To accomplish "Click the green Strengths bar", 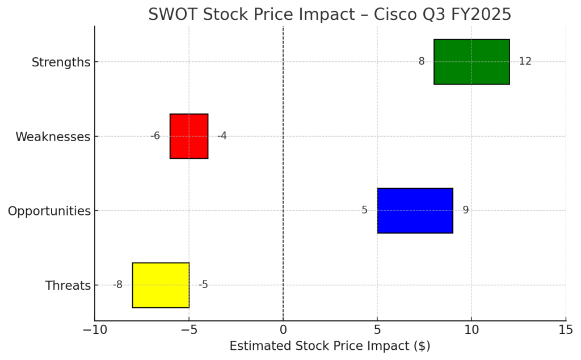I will click(x=471, y=62).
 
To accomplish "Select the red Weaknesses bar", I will click(x=189, y=136).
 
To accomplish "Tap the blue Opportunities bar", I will click(x=415, y=210).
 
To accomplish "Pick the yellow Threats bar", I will click(x=161, y=285).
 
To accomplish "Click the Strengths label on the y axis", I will click(x=61, y=62).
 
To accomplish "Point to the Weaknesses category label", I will click(x=53, y=137).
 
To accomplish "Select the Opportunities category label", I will click(x=49, y=211).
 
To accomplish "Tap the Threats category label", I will click(x=68, y=286).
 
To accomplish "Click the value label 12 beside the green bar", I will click(x=525, y=61).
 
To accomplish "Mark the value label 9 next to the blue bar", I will click(x=465, y=210).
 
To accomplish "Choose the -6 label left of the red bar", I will click(x=155, y=136).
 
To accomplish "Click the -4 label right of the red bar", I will click(x=222, y=136).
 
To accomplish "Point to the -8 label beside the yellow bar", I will click(x=117, y=285).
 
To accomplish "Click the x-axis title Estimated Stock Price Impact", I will click(x=330, y=346).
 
